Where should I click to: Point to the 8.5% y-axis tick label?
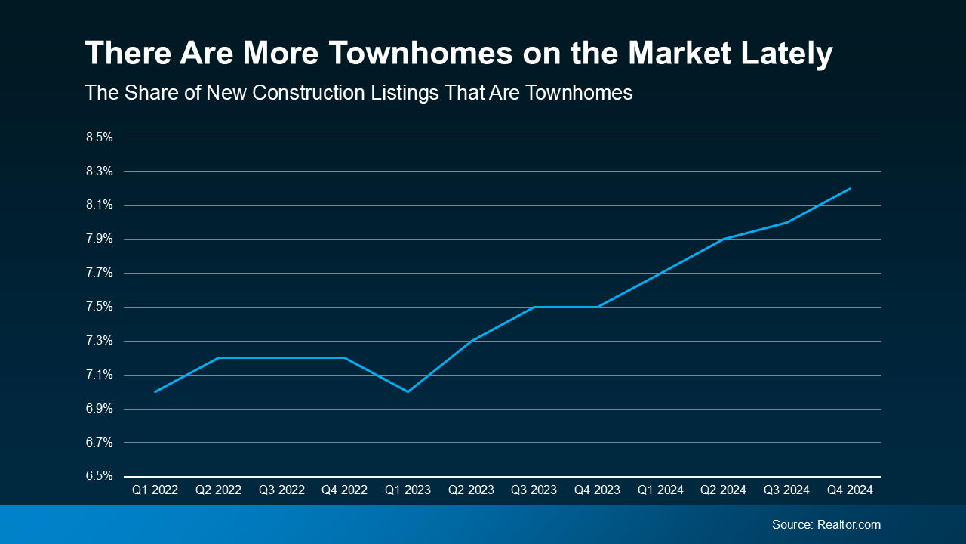tap(99, 138)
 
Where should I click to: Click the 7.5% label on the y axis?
tap(99, 307)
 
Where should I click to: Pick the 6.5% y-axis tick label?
tap(99, 476)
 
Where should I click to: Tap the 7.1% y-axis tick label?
tap(99, 375)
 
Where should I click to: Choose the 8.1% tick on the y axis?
tap(99, 205)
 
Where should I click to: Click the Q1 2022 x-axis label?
tap(155, 490)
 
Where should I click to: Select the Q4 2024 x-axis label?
tap(850, 490)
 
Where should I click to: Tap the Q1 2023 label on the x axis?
tap(408, 490)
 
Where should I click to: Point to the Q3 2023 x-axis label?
tap(534, 490)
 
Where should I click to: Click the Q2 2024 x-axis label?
tap(724, 490)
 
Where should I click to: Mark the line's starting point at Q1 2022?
tap(155, 391)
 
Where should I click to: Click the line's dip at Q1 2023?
tap(408, 391)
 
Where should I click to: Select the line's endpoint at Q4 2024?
tap(851, 188)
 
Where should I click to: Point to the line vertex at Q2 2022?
tap(218, 357)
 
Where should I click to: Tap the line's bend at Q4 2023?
tap(597, 307)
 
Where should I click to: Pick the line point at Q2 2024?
tap(724, 239)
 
